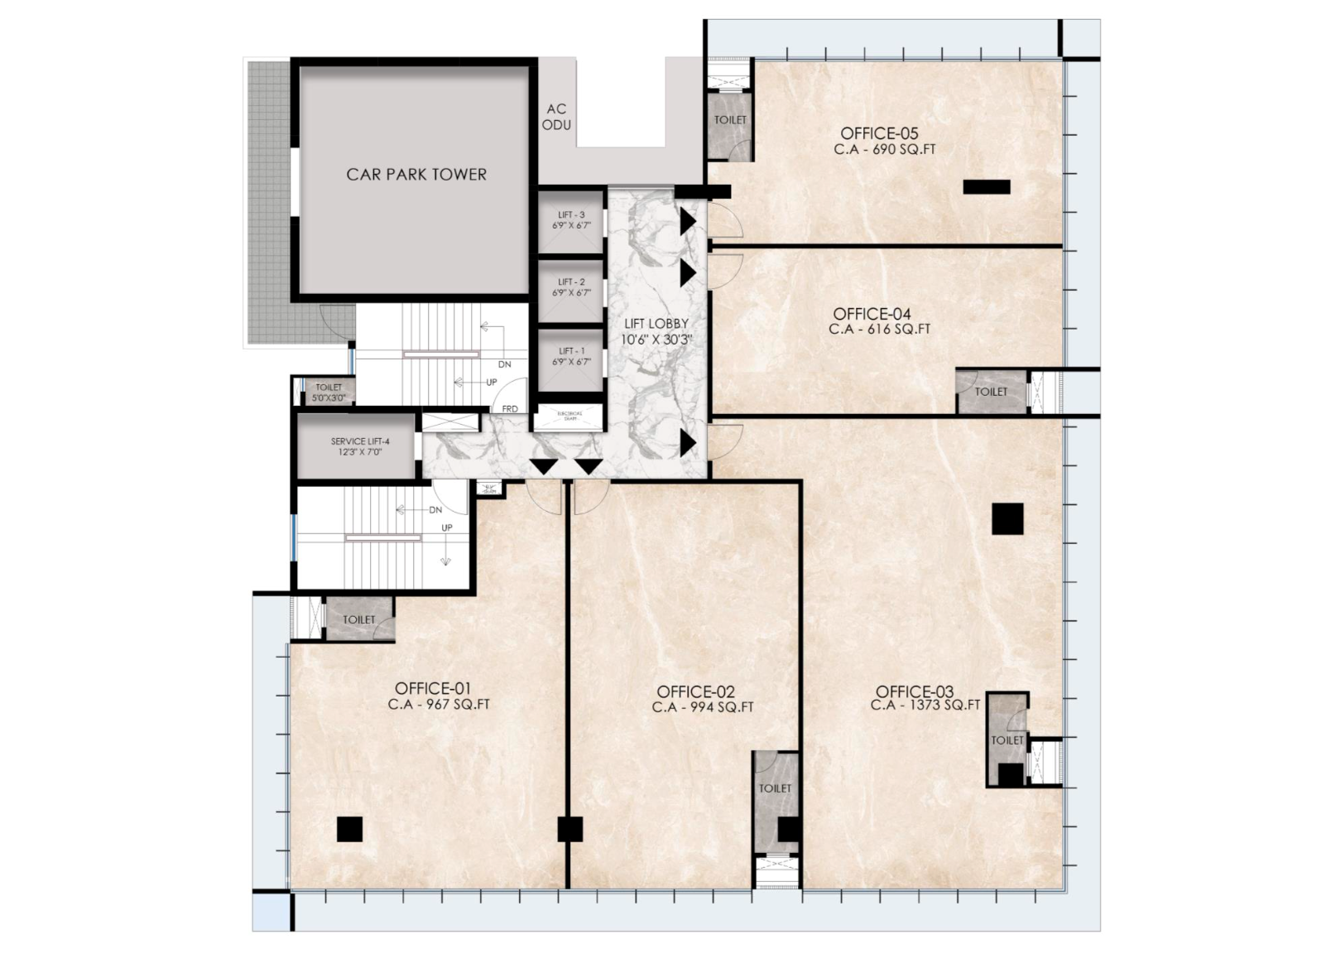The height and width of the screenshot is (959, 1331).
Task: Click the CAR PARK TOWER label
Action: (416, 175)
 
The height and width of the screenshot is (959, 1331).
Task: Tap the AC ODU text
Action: (556, 117)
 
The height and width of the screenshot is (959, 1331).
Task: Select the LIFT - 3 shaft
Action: (570, 220)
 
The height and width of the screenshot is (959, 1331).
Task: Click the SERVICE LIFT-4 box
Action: (359, 447)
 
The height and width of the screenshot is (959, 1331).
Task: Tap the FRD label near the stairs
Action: (510, 409)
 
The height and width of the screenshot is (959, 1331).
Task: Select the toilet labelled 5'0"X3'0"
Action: (329, 392)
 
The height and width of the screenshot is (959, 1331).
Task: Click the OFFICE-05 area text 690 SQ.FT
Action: (885, 150)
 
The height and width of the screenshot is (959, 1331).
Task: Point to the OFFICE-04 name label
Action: (872, 314)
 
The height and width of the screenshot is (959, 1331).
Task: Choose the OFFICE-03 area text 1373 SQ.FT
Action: (925, 706)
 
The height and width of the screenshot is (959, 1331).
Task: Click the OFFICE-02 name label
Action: (695, 692)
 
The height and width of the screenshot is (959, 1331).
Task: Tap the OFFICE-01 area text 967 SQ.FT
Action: (439, 706)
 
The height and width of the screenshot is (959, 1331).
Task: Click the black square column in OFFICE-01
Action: (349, 829)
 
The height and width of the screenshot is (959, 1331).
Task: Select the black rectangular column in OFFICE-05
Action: (986, 187)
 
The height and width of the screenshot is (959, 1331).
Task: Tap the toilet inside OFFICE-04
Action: (990, 392)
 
